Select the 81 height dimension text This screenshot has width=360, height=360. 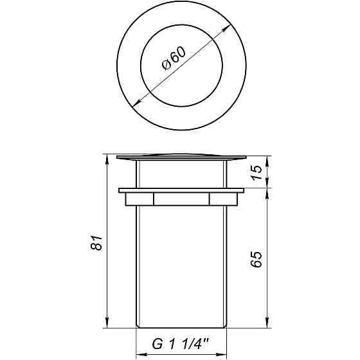pos(97,244)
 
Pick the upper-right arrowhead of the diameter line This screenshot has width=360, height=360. pos(228,28)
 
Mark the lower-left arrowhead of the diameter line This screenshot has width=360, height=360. pos(134,103)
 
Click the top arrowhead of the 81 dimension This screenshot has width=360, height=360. pos(107,158)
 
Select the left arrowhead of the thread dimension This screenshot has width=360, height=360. pos(141,353)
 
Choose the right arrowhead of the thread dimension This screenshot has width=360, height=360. pos(223,353)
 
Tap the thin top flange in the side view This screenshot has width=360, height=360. pos(181,156)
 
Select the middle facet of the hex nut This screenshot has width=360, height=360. pos(181,199)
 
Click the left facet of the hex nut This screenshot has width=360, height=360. pos(139,199)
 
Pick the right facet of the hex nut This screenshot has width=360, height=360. pos(223,199)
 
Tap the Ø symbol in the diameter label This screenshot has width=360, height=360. pos(165,66)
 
